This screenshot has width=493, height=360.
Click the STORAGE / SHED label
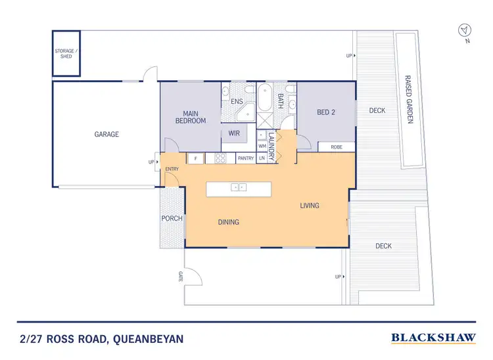coord(66,53)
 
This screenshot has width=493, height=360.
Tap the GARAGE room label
coord(106,134)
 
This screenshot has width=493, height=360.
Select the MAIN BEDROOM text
coord(190,117)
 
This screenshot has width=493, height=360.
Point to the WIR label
coord(233,133)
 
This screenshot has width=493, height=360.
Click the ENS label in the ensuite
coord(237,102)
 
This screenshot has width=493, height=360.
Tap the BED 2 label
coord(326,112)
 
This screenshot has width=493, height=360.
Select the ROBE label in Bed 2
coord(336,147)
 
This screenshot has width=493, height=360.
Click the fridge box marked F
coord(195,158)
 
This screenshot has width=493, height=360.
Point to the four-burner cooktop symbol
coord(221,158)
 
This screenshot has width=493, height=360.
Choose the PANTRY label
coord(245,158)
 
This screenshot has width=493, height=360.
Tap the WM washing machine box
coord(262,146)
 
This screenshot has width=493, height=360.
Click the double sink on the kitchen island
coord(238,187)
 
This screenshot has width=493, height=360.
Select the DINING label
coord(228,222)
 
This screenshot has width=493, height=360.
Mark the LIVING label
coord(309,206)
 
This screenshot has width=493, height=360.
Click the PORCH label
coord(172,219)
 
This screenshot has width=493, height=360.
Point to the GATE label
coord(179,276)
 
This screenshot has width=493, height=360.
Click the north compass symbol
coord(465,31)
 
